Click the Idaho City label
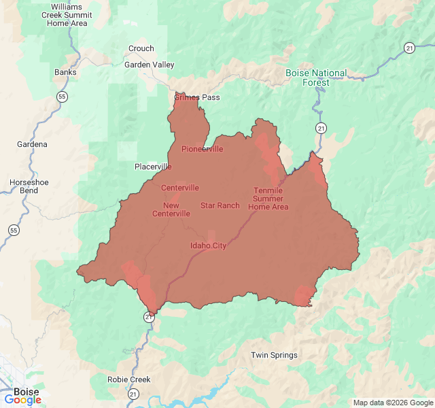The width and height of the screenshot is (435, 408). point(208,245)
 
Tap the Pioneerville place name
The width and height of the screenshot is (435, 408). point(202,149)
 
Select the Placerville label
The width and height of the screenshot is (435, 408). point(153,167)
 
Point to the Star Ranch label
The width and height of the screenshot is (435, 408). point(220,205)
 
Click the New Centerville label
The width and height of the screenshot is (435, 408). point(171,209)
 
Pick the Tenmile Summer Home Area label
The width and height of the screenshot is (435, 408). point(268,199)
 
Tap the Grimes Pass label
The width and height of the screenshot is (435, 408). point(197,97)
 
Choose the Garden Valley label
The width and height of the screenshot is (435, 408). point(149,65)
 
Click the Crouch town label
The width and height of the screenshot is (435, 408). point(141,48)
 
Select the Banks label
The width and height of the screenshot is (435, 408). point(65,72)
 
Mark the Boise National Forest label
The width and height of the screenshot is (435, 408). point(316,78)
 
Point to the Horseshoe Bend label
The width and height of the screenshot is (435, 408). point(24,187)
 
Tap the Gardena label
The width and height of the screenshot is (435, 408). point(32,144)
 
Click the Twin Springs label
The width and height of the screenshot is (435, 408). point(274,355)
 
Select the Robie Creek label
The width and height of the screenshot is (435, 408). point(129,379)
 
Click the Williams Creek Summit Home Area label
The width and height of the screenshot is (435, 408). point(67,15)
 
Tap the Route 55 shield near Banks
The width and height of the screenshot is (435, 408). point(62,97)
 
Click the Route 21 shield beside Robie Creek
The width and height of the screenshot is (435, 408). point(133,394)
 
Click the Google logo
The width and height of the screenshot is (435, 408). point(22,400)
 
